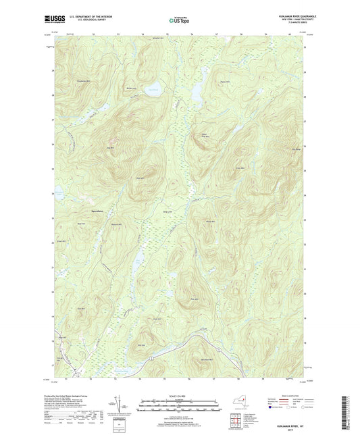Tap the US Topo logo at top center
coord(176,21)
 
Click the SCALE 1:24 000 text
coord(179,395)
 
